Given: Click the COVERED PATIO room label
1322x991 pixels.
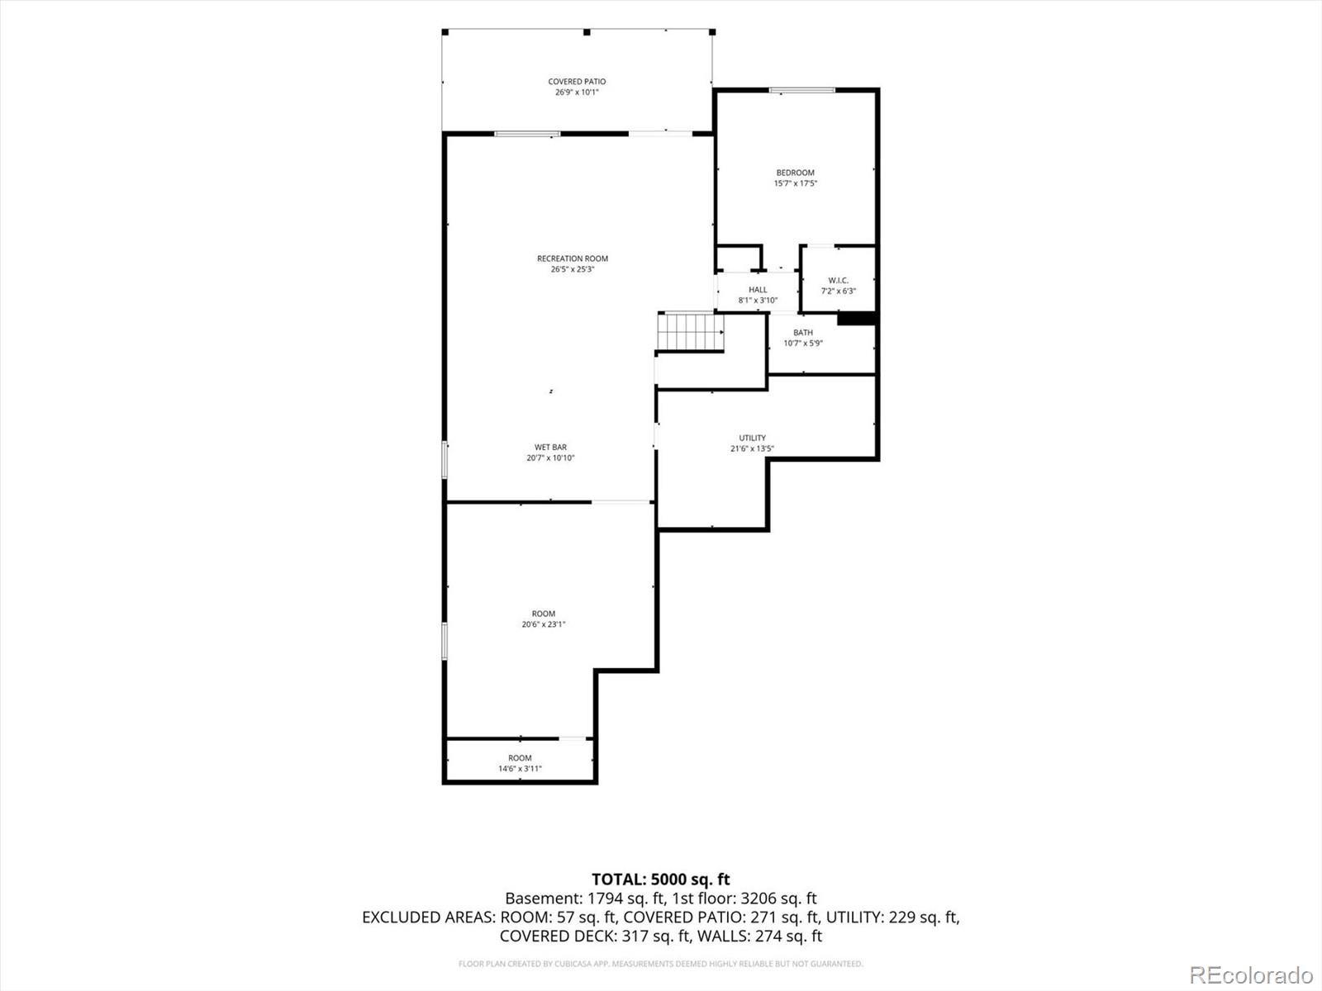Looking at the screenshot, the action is coord(577,81).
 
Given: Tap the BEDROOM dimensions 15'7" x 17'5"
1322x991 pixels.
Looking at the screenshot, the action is coord(795,183).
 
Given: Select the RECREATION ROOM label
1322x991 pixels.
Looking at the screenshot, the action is coord(572,258).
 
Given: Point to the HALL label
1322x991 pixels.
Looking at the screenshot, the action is coord(758,290).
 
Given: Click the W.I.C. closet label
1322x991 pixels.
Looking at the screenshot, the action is coord(839,281).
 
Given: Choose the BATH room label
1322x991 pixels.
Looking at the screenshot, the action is coord(803,333).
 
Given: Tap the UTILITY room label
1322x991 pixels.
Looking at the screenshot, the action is coord(752,438).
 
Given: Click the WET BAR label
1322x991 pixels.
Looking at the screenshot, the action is coord(550,447).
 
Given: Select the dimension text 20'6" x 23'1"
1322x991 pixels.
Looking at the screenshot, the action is coord(543,624).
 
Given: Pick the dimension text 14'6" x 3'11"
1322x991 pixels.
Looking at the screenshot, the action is coord(520,768).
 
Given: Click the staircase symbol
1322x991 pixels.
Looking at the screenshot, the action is coord(690,331).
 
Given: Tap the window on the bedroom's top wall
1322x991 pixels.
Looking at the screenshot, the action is coord(801,90).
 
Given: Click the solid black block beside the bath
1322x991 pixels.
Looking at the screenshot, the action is coord(856,318).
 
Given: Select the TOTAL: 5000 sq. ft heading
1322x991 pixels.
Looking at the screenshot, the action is coord(661,880).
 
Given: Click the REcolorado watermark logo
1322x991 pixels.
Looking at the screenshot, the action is coord(1251,974).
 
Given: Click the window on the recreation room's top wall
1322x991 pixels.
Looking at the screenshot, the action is coord(527,134).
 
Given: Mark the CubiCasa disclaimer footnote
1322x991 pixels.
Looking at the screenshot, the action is coord(661,964).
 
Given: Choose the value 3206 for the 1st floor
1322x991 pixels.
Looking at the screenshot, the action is coord(758,899).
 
